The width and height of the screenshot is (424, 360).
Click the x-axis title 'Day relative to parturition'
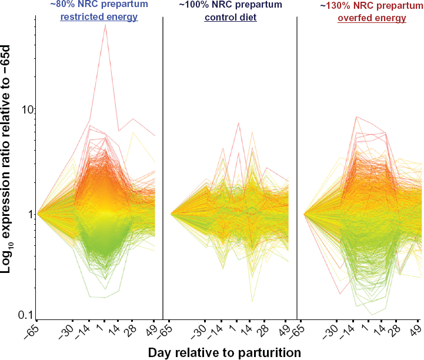[x=225, y=353]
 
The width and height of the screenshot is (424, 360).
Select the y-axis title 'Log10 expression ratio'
[x=6, y=159]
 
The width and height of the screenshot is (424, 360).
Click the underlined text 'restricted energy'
[x=99, y=17]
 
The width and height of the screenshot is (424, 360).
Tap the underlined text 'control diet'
[x=231, y=17]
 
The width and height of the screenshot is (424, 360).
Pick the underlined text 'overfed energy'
[x=372, y=18]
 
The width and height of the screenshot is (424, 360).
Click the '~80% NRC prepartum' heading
[x=99, y=5]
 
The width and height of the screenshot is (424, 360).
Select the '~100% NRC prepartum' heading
[x=231, y=5]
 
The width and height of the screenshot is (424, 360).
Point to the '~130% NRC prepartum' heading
[x=372, y=5]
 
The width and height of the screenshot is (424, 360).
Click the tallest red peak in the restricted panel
[x=105, y=25]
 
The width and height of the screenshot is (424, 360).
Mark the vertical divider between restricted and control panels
[x=163, y=168]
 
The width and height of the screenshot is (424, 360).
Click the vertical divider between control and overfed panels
[x=297, y=168]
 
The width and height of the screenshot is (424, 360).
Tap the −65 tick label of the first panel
[x=31, y=331]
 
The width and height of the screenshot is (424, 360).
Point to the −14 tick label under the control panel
[x=215, y=331]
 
